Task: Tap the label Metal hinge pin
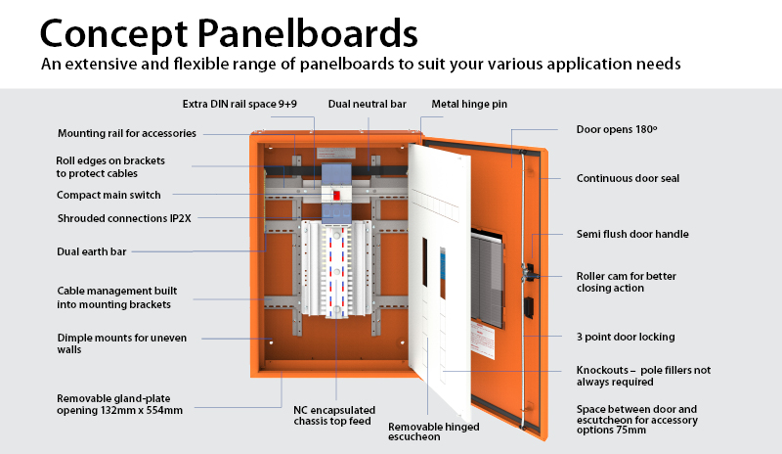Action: [469, 104]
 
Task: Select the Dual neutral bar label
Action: [368, 104]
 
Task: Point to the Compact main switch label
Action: [109, 195]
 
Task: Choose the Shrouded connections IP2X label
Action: [123, 218]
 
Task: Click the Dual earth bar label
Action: [92, 251]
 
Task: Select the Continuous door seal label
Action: [628, 178]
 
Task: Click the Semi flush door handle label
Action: [632, 234]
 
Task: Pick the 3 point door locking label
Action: [626, 337]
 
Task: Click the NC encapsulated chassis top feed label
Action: [333, 415]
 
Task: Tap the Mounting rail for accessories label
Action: [127, 133]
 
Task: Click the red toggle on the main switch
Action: [335, 194]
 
